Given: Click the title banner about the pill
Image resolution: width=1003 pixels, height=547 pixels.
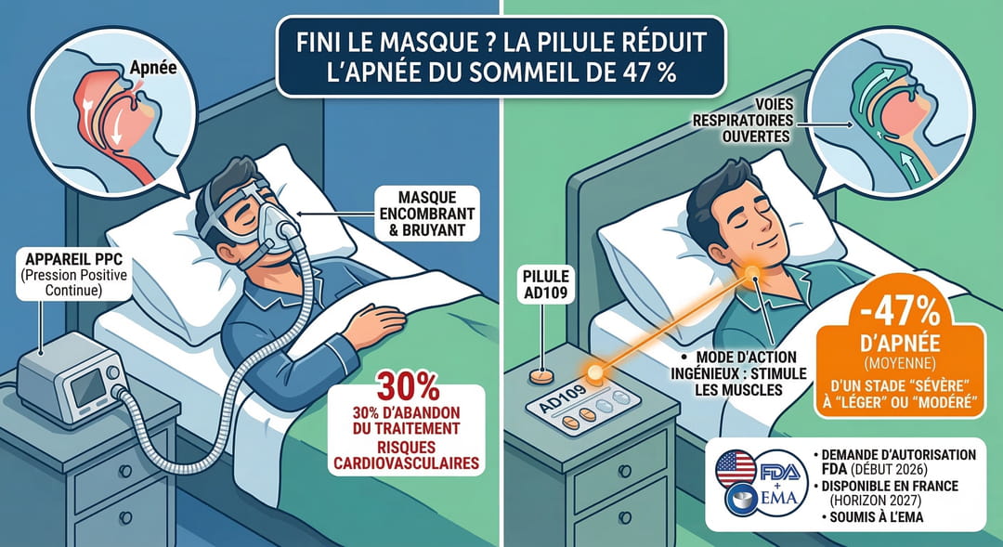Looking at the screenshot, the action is click(501, 57).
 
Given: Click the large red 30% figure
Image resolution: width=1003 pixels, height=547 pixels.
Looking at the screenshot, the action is click(408, 386).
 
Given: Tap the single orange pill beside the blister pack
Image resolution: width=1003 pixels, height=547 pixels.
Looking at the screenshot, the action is click(541, 377).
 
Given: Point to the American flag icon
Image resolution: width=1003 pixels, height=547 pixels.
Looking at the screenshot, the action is click(736, 469).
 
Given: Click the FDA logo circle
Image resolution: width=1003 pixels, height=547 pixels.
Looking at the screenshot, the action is click(782, 474).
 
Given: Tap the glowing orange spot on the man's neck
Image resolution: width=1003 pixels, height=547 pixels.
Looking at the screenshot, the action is click(751, 273).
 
